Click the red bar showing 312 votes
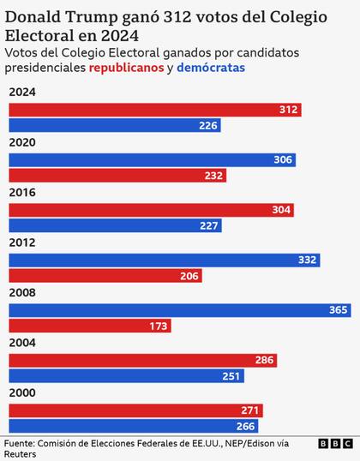tap(154, 110)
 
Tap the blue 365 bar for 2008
tap(180, 309)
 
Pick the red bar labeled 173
tap(89, 326)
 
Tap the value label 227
tap(209, 226)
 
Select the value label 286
tap(264, 360)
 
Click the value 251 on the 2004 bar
tap(231, 376)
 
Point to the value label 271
tap(250, 410)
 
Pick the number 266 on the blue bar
tap(246, 426)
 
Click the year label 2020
tap(22, 143)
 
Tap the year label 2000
tap(22, 393)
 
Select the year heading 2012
tap(22, 243)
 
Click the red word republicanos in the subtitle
tap(126, 68)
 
